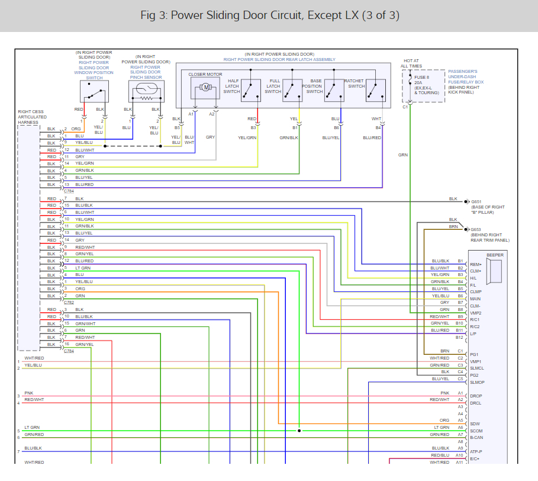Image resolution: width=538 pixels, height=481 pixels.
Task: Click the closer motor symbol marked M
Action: pyautogui.click(x=205, y=88)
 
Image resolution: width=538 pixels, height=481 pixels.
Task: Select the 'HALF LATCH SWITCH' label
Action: pyautogui.click(x=231, y=86)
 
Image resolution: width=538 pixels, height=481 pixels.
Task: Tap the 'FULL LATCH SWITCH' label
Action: pyautogui.click(x=273, y=86)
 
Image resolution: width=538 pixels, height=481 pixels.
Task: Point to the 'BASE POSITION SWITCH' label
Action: pyautogui.click(x=315, y=86)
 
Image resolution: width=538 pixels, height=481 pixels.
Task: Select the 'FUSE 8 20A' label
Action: pyautogui.click(x=422, y=81)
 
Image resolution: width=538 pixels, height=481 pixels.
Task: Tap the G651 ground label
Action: pyautogui.click(x=476, y=201)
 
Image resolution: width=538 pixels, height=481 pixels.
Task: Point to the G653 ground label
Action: pyautogui.click(x=476, y=229)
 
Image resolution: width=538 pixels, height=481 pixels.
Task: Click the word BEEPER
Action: pyautogui.click(x=495, y=255)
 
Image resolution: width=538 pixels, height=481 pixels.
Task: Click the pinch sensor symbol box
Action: pyautogui.click(x=146, y=92)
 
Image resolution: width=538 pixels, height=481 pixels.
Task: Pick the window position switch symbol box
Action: pyautogui.click(x=94, y=92)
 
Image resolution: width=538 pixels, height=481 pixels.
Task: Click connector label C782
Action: pyautogui.click(x=69, y=302)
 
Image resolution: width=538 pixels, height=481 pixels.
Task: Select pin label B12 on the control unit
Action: pyautogui.click(x=459, y=337)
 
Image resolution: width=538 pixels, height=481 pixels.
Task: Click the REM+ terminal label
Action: pyautogui.click(x=475, y=264)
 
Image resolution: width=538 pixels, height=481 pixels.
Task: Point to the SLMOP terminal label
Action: pyautogui.click(x=477, y=382)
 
